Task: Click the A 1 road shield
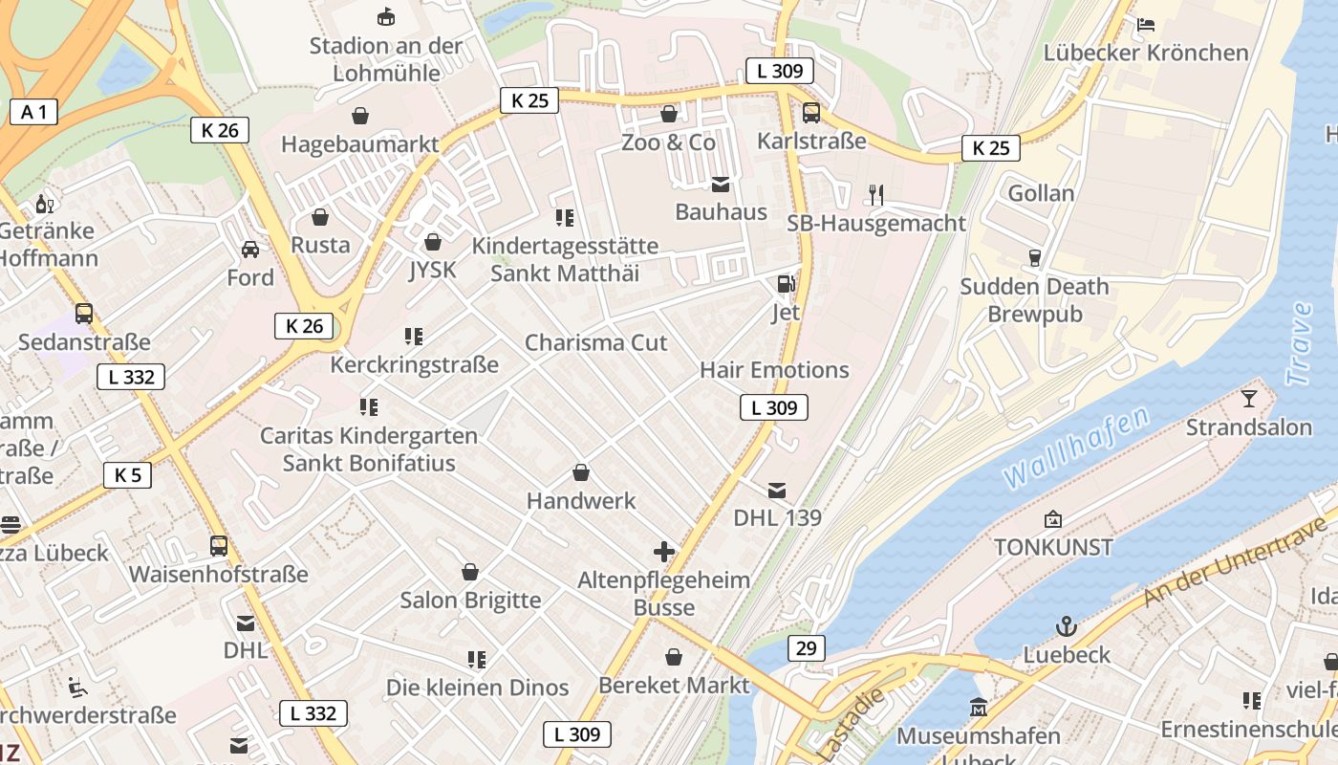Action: tap(33, 112)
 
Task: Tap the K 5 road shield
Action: tap(127, 474)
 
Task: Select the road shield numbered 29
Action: tap(807, 648)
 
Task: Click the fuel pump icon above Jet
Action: tap(785, 284)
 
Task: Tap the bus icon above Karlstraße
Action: tap(811, 113)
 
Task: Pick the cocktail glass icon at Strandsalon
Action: tap(1248, 398)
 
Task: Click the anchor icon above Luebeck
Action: tap(1067, 626)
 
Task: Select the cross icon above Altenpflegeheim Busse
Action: tap(664, 552)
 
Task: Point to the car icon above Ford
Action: tap(250, 250)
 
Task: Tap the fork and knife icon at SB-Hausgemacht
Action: tap(876, 195)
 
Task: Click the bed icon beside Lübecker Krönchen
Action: tap(1146, 24)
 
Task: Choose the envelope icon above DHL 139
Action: tap(777, 491)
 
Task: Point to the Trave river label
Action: tap(1300, 344)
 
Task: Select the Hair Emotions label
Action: tap(774, 370)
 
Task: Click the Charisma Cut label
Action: tap(596, 342)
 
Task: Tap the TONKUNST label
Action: tap(1053, 547)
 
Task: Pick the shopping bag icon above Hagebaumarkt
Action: tap(360, 116)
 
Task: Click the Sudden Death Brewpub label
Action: tap(1034, 300)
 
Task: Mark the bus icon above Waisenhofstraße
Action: tap(219, 546)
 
